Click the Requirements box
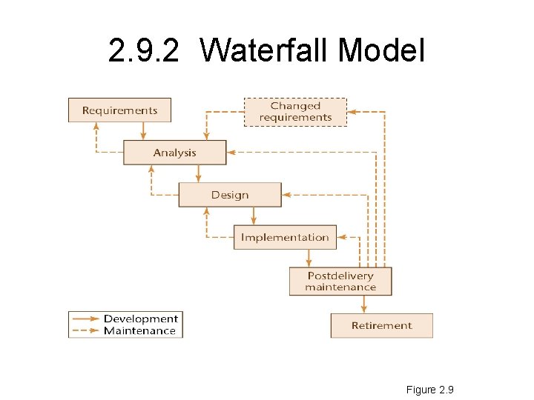(x=119, y=110)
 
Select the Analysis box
(x=174, y=153)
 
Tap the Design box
(x=230, y=195)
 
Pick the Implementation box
(x=285, y=237)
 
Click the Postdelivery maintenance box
(x=340, y=281)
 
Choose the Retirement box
(x=381, y=325)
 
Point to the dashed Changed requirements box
(x=295, y=112)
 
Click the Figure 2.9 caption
(x=430, y=389)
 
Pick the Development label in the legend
(x=141, y=319)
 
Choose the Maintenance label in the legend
(x=140, y=331)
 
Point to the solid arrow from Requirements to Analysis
(x=143, y=131)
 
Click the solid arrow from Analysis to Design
(x=199, y=173)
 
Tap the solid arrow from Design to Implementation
(x=254, y=216)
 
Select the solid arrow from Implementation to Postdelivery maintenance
(x=309, y=258)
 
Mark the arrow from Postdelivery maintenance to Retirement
(x=364, y=304)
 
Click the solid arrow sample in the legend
(x=86, y=319)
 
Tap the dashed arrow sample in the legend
(x=86, y=331)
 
